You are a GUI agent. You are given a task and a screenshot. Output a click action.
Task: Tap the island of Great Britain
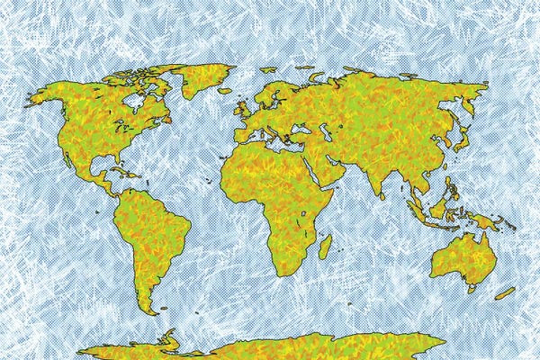coord(245,108)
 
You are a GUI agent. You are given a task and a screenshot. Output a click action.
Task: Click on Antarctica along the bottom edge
coord(270,346)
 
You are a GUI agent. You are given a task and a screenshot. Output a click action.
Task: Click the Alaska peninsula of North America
coord(45,94)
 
